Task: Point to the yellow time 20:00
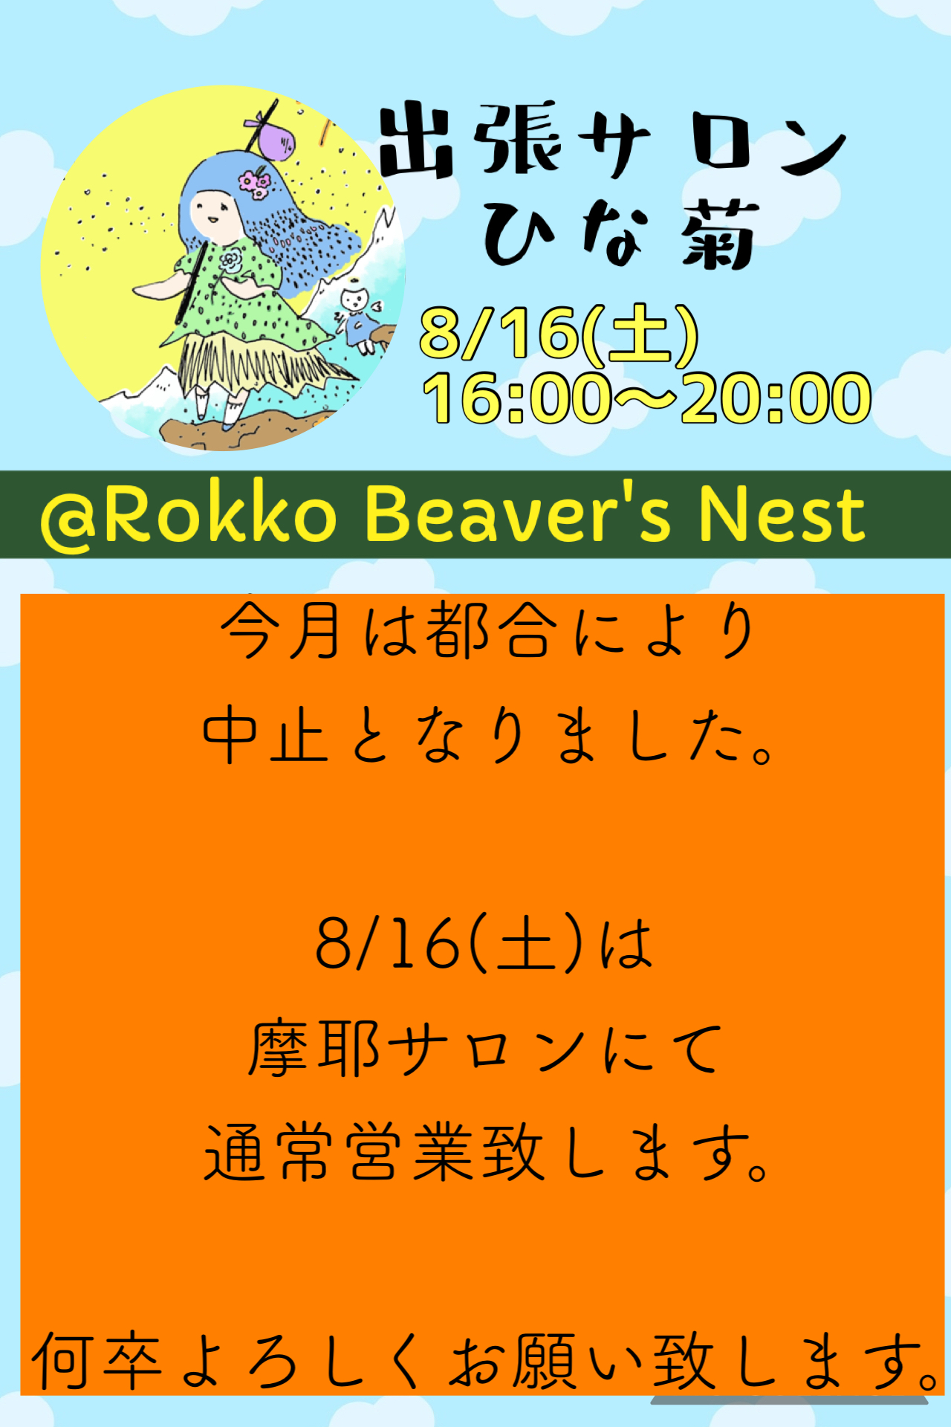[x=776, y=398]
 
